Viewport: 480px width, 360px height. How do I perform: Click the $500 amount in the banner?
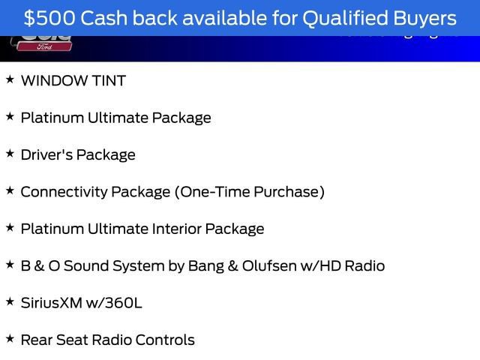pos(48,17)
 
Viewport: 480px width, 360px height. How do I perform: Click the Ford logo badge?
pos(42,46)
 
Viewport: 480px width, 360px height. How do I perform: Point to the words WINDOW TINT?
pos(73,81)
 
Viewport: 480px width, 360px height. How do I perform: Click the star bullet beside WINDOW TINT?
pos(10,79)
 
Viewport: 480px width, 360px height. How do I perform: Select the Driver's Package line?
pos(78,155)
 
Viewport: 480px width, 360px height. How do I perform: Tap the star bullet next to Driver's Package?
pos(10,154)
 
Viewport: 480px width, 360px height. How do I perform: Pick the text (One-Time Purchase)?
pos(250,192)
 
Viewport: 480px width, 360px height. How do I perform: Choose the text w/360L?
pos(115,303)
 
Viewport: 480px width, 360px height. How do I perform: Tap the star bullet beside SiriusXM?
pos(10,301)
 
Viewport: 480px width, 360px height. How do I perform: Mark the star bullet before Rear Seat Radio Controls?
pos(10,338)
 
